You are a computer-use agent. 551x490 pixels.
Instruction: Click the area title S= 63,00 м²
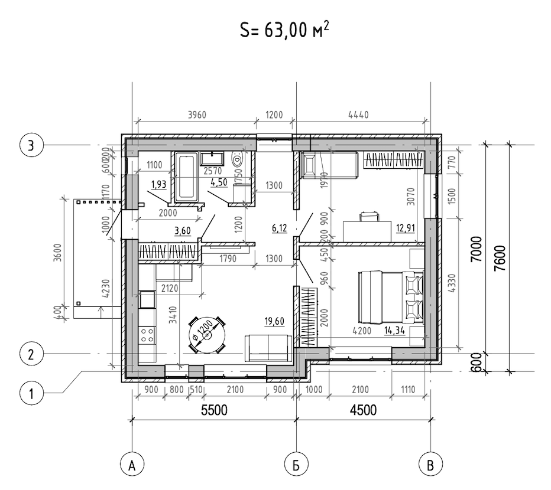pyautogui.click(x=284, y=30)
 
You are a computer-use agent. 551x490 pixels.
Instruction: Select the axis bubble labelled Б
pyautogui.click(x=296, y=465)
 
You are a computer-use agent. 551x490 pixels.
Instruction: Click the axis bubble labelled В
pyautogui.click(x=431, y=465)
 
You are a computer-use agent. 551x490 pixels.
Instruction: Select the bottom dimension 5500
pyautogui.click(x=213, y=411)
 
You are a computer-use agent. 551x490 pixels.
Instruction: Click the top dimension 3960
pyautogui.click(x=196, y=115)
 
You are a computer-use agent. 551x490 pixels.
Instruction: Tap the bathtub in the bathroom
pyautogui.click(x=187, y=175)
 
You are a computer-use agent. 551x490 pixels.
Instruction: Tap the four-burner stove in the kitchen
pyautogui.click(x=147, y=336)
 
